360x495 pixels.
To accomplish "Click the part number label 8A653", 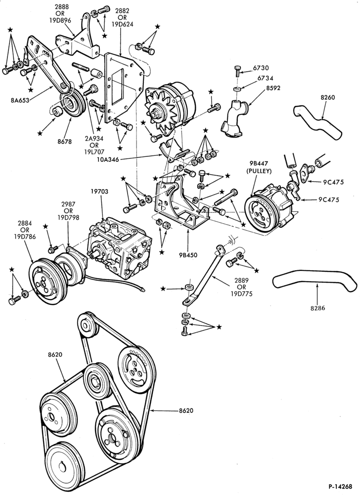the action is [x=20, y=100].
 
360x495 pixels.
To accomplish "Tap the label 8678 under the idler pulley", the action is [x=65, y=142].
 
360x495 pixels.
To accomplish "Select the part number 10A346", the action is [x=108, y=160].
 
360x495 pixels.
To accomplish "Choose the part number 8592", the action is [x=273, y=88].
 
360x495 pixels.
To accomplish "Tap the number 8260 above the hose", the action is [x=328, y=98].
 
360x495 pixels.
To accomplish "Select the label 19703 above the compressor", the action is [x=99, y=192].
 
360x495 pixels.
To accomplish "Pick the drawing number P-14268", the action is [x=340, y=487].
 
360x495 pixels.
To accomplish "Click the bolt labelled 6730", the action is [x=238, y=71].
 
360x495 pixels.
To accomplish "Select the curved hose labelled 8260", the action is [x=317, y=122].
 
